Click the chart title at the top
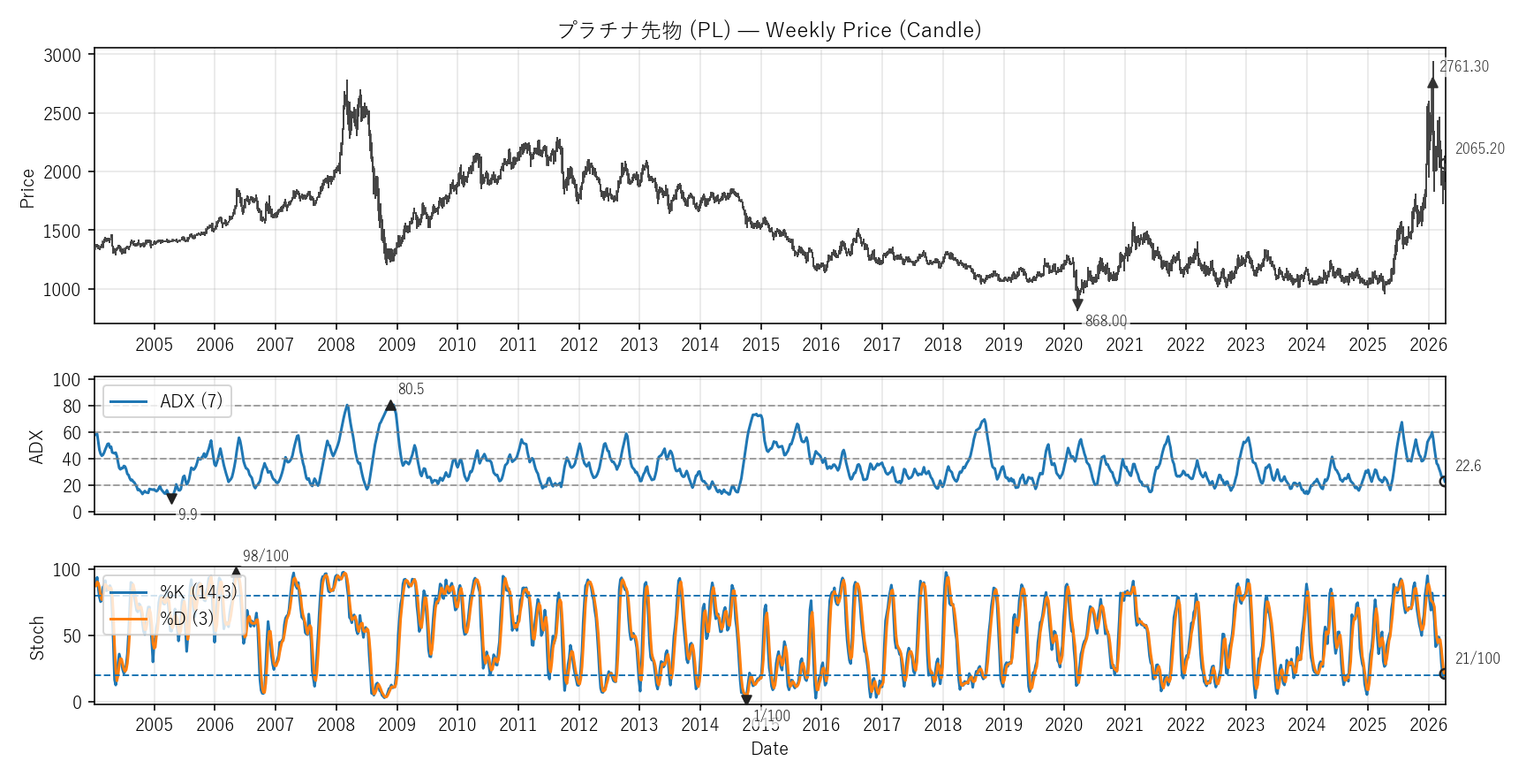769,30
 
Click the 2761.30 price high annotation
1463,67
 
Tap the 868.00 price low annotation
1106,322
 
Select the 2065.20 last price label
1479,149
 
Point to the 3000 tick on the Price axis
62,56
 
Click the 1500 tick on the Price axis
62,232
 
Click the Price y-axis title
27,188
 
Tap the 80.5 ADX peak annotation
411,390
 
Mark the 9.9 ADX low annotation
187,514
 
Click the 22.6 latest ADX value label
1468,467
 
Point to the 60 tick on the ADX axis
72,433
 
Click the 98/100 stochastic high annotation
266,557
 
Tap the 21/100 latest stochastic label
1477,659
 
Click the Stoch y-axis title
37,638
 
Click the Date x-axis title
769,749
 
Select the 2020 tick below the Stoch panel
1063,726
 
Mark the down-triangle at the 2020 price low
1077,305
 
